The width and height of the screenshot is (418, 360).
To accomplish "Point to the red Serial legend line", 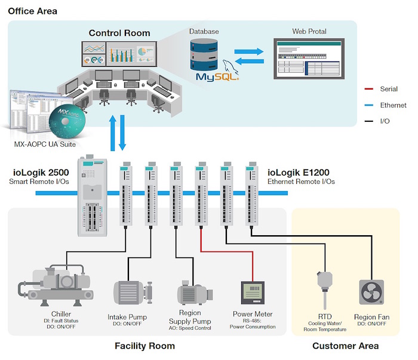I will [368, 89].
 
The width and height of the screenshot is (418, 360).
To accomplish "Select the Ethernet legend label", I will [393, 105].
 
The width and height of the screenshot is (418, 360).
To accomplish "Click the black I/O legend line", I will [368, 122].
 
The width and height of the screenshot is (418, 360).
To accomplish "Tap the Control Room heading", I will [119, 33].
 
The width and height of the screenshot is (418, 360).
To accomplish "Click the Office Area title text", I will [32, 11].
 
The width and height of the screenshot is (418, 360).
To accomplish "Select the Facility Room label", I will [145, 346].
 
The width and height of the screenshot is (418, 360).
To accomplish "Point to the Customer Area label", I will [345, 346].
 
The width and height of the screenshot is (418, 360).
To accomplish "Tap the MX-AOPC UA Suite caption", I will [47, 144].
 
